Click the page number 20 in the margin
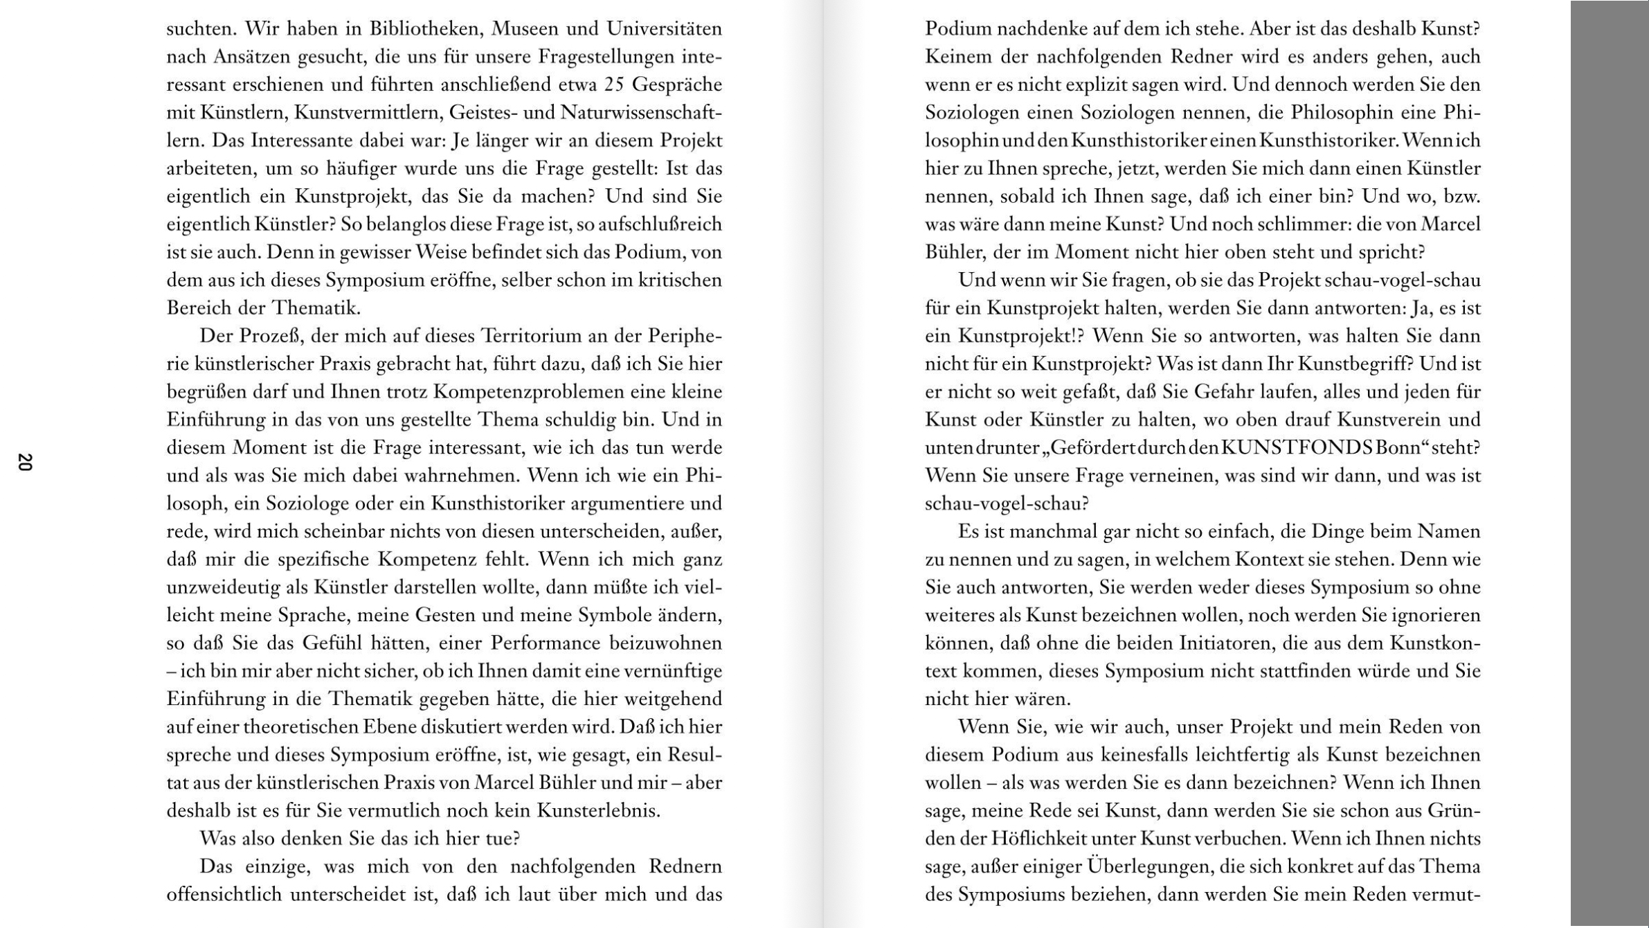[24, 462]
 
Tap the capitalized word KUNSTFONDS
[1297, 448]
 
